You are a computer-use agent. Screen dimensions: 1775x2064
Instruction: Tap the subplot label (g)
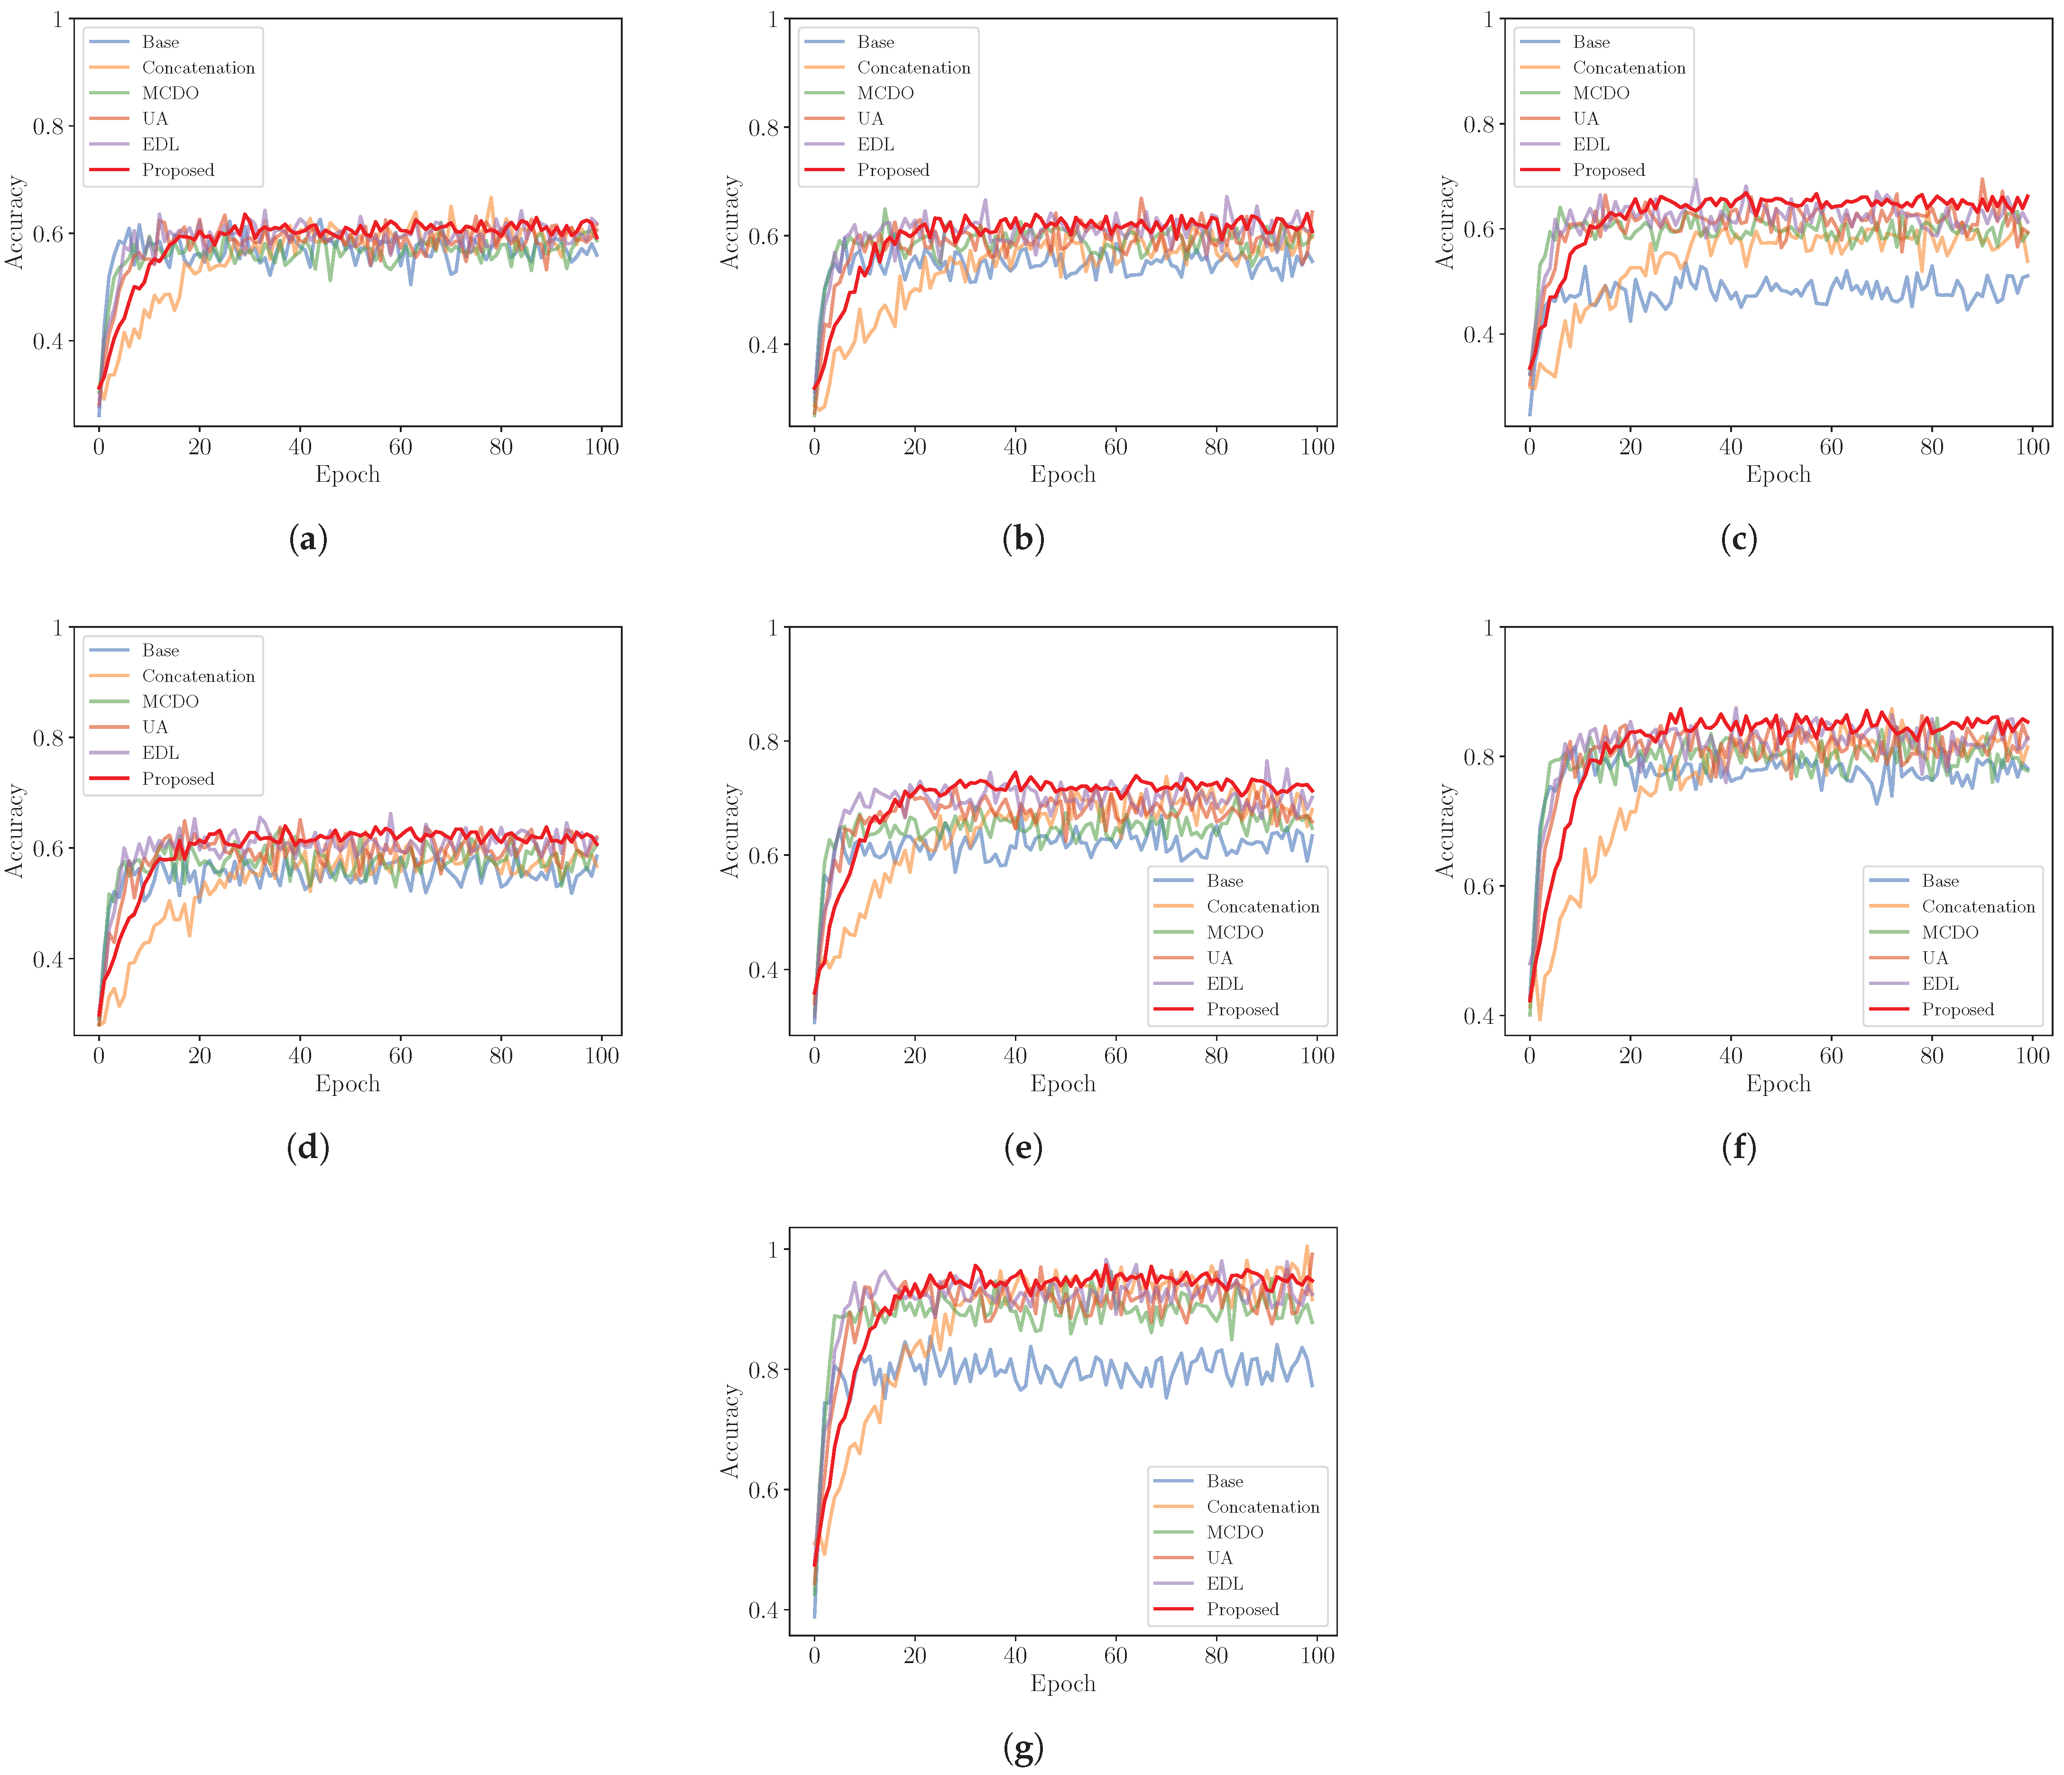(1023, 1746)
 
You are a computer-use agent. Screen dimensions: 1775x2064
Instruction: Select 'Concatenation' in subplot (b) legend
(913, 68)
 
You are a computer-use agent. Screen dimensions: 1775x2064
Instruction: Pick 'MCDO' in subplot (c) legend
(1601, 92)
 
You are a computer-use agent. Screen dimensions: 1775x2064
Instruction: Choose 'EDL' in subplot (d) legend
(160, 753)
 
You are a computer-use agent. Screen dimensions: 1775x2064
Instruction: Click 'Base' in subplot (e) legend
(1224, 881)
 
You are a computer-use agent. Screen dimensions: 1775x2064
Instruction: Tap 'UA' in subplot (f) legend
(1935, 957)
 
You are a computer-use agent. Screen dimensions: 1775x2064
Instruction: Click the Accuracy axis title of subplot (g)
(730, 1430)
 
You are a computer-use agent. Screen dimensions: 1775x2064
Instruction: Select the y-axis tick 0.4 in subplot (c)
(1478, 335)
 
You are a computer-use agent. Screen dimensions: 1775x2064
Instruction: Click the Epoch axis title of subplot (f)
(1778, 1084)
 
